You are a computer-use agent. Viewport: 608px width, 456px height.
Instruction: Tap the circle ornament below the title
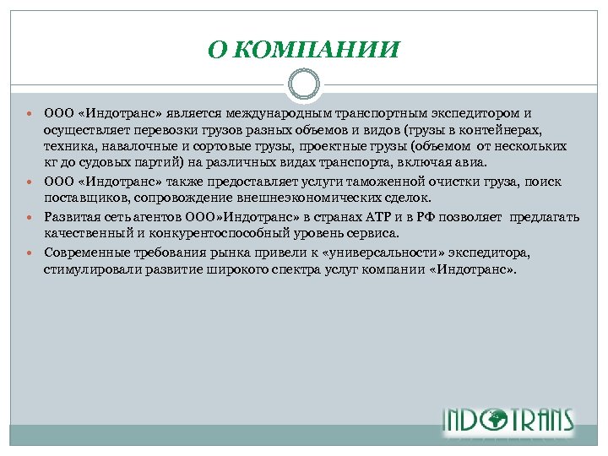[303, 85]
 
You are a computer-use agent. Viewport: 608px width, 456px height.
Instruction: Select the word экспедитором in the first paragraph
[478, 113]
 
